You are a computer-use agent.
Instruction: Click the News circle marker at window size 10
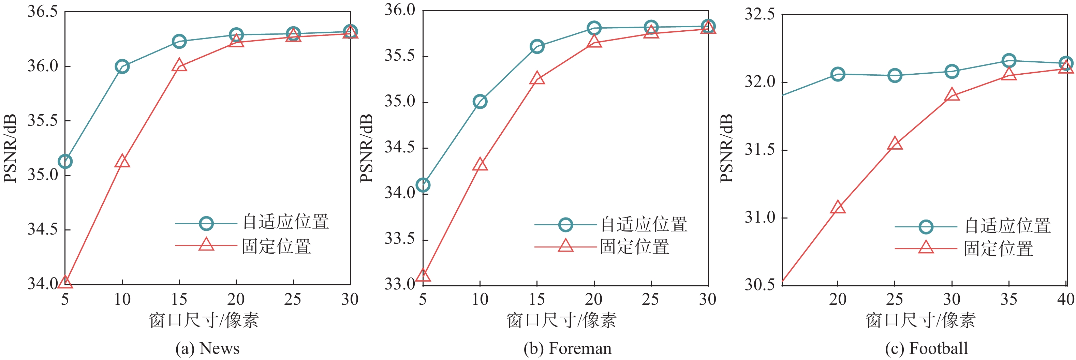pos(122,66)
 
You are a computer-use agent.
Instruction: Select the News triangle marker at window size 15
pos(179,65)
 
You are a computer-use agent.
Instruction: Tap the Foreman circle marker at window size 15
pos(537,46)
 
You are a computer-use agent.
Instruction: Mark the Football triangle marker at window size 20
pos(838,208)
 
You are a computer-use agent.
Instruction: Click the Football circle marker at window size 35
pos(1009,61)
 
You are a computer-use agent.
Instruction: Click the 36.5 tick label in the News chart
pos(43,12)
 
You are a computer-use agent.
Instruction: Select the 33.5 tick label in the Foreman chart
pos(400,239)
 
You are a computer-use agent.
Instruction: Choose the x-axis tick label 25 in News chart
pos(293,299)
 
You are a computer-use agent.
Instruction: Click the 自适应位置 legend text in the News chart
pos(286,222)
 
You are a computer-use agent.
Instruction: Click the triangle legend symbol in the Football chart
pos(926,247)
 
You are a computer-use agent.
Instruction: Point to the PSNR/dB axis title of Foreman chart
pos(366,148)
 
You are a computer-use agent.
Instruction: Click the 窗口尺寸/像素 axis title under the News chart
pos(204,321)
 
